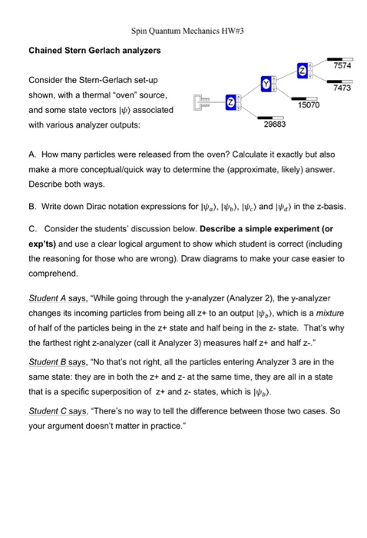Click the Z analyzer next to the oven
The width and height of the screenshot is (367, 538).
[x=230, y=102]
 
